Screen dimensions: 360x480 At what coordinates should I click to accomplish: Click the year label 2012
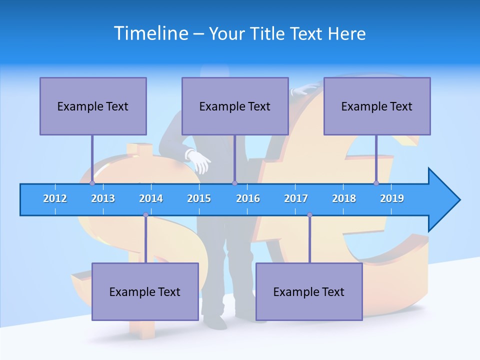55,198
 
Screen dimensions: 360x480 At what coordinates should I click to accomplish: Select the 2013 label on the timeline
103,198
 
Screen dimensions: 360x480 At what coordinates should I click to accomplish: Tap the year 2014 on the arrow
151,198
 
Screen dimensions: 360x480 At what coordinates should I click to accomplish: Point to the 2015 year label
199,198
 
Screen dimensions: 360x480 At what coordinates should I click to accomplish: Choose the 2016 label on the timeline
248,198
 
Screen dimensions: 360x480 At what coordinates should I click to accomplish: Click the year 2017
296,198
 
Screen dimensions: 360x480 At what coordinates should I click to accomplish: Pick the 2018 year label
344,198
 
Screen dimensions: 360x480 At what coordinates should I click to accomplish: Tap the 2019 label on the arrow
392,198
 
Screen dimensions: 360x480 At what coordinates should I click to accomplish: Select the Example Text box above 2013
93,106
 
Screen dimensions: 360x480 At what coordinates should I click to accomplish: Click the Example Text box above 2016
235,106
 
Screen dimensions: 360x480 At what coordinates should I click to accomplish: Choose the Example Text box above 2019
377,106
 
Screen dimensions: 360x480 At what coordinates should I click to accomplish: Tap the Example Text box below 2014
145,291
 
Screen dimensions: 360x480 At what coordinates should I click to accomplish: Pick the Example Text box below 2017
309,291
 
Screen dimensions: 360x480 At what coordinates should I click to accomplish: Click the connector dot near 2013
92,183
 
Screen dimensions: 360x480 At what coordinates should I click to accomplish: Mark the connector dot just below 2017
309,215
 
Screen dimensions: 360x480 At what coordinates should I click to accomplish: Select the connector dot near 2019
376,183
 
